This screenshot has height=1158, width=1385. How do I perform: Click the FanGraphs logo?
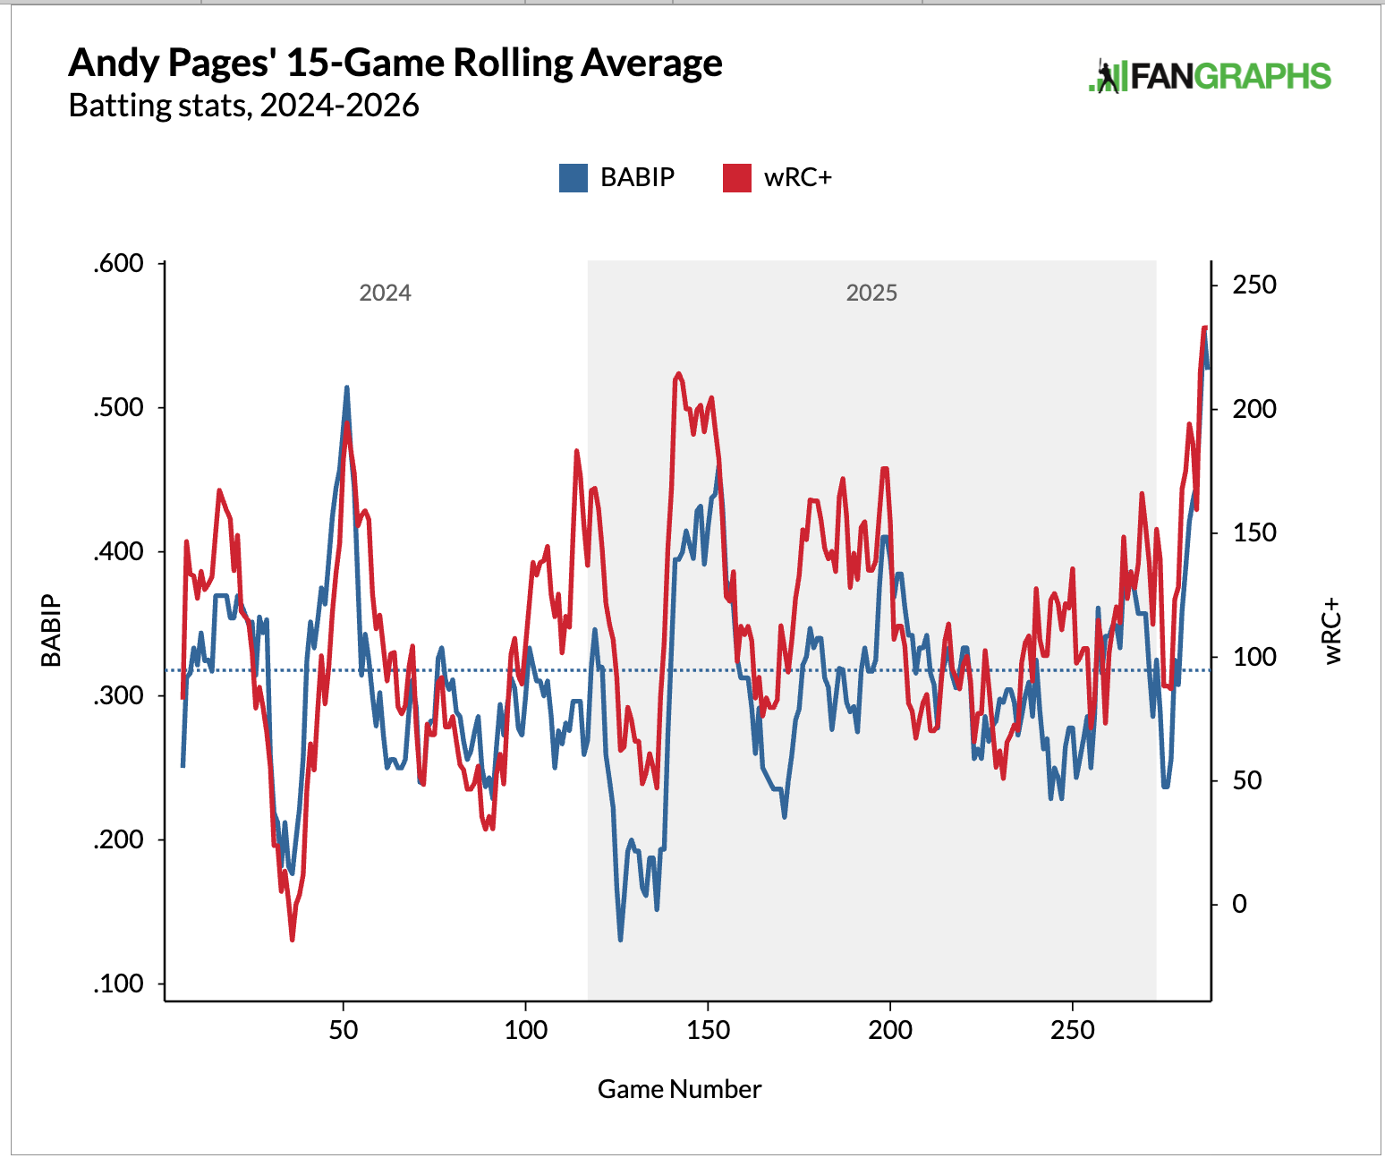point(1209,77)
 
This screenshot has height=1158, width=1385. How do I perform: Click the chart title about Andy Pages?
point(395,63)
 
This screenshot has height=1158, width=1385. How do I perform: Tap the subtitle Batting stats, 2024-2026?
point(243,106)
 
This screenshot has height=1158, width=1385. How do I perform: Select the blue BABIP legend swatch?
point(574,178)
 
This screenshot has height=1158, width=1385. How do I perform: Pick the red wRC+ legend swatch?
point(737,178)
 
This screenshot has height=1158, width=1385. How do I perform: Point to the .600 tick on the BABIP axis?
point(118,263)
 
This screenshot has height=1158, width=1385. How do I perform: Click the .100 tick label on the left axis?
point(118,983)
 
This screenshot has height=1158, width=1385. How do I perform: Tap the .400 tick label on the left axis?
point(118,551)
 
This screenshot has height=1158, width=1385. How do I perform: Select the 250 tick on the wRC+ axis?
point(1254,285)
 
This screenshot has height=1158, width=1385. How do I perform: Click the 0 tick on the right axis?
point(1239,904)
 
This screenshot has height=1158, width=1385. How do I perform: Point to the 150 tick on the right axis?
point(1254,532)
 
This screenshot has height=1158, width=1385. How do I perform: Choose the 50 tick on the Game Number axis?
point(344,1030)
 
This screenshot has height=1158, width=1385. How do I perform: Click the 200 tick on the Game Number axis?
point(890,1030)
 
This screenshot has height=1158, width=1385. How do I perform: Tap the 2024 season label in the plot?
point(385,293)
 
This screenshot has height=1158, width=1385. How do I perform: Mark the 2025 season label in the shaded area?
point(871,293)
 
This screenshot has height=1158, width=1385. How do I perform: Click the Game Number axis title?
point(679,1089)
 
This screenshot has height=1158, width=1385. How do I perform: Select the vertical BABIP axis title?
point(52,631)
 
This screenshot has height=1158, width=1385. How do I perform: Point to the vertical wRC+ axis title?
point(1333,631)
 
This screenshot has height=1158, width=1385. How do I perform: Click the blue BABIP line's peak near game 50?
point(346,388)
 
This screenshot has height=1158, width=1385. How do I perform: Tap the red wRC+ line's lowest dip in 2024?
point(292,939)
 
